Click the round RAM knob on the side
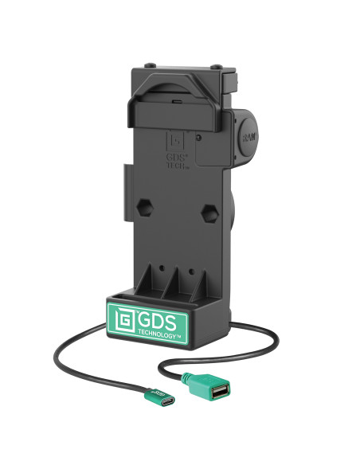tap(246, 138)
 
